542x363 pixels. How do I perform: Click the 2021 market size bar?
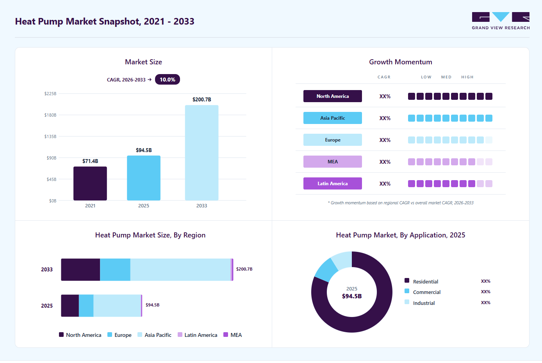(x=90, y=183)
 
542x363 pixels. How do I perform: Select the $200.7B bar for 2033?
(x=201, y=153)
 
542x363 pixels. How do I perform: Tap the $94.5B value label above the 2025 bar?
(x=144, y=151)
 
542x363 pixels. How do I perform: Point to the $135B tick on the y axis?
(x=50, y=136)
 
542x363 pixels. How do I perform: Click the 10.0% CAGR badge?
(x=168, y=80)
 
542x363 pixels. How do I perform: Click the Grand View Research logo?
(x=501, y=21)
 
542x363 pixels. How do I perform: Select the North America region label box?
(x=332, y=96)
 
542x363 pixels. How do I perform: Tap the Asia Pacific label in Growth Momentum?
(x=332, y=118)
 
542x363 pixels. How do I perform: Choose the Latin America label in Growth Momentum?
(x=332, y=183)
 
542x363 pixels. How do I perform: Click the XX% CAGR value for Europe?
(x=385, y=140)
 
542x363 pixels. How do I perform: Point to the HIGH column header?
(x=467, y=77)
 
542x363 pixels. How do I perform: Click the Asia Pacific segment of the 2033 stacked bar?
(x=180, y=270)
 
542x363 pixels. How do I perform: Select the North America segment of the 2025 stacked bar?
(x=70, y=305)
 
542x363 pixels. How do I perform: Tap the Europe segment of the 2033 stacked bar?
(x=115, y=270)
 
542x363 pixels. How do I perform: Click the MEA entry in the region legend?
(x=232, y=335)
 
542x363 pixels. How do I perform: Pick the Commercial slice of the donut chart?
(x=326, y=269)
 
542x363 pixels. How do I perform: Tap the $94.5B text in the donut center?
(x=352, y=296)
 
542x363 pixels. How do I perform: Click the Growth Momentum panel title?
(x=401, y=62)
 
